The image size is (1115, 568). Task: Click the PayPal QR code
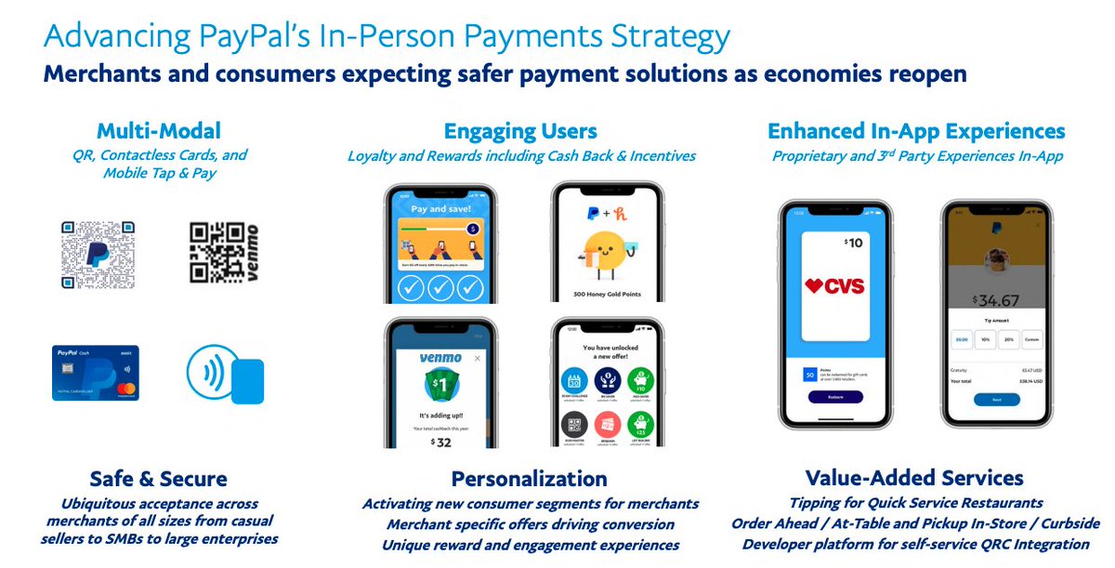(98, 255)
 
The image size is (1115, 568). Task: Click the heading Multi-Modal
(159, 131)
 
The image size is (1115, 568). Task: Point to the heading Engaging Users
(520, 131)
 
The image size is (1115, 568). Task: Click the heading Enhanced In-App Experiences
(916, 131)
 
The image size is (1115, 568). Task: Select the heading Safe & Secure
(158, 479)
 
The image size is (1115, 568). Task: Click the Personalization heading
(529, 479)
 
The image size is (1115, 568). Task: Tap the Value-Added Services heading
(914, 479)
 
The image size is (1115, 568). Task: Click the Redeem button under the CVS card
(835, 396)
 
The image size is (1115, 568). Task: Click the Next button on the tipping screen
(997, 400)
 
